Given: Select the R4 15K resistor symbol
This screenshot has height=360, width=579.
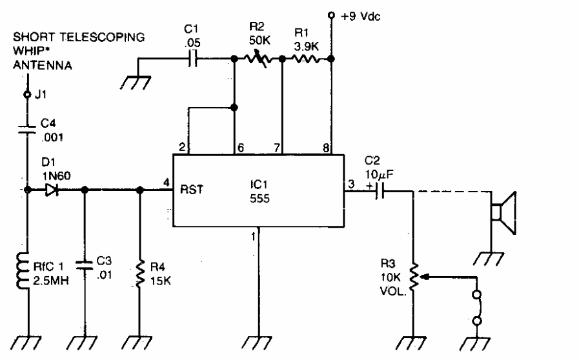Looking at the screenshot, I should [x=141, y=271].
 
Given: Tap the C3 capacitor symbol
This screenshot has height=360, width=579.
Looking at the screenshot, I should [x=84, y=263].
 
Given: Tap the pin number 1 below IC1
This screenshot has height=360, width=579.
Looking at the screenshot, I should [x=253, y=237].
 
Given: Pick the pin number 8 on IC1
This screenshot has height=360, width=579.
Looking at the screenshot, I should [x=325, y=147].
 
